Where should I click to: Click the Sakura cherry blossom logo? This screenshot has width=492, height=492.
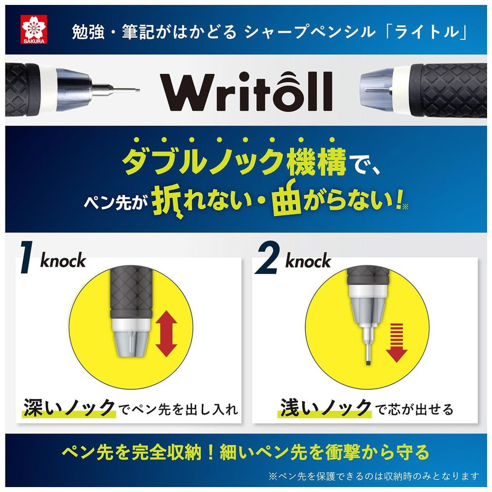pyautogui.click(x=34, y=30)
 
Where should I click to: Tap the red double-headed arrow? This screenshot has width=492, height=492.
pyautogui.click(x=166, y=333)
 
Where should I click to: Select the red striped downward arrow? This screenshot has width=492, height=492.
pyautogui.click(x=396, y=342)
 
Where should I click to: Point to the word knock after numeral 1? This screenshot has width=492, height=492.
pyautogui.click(x=63, y=260)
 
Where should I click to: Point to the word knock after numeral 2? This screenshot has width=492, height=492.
pyautogui.click(x=308, y=260)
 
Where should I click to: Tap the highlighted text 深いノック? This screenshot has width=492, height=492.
pyautogui.click(x=69, y=408)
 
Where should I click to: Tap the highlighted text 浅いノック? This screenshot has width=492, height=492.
pyautogui.click(x=326, y=408)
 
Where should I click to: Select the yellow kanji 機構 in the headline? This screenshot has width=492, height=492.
pyautogui.click(x=316, y=161)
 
